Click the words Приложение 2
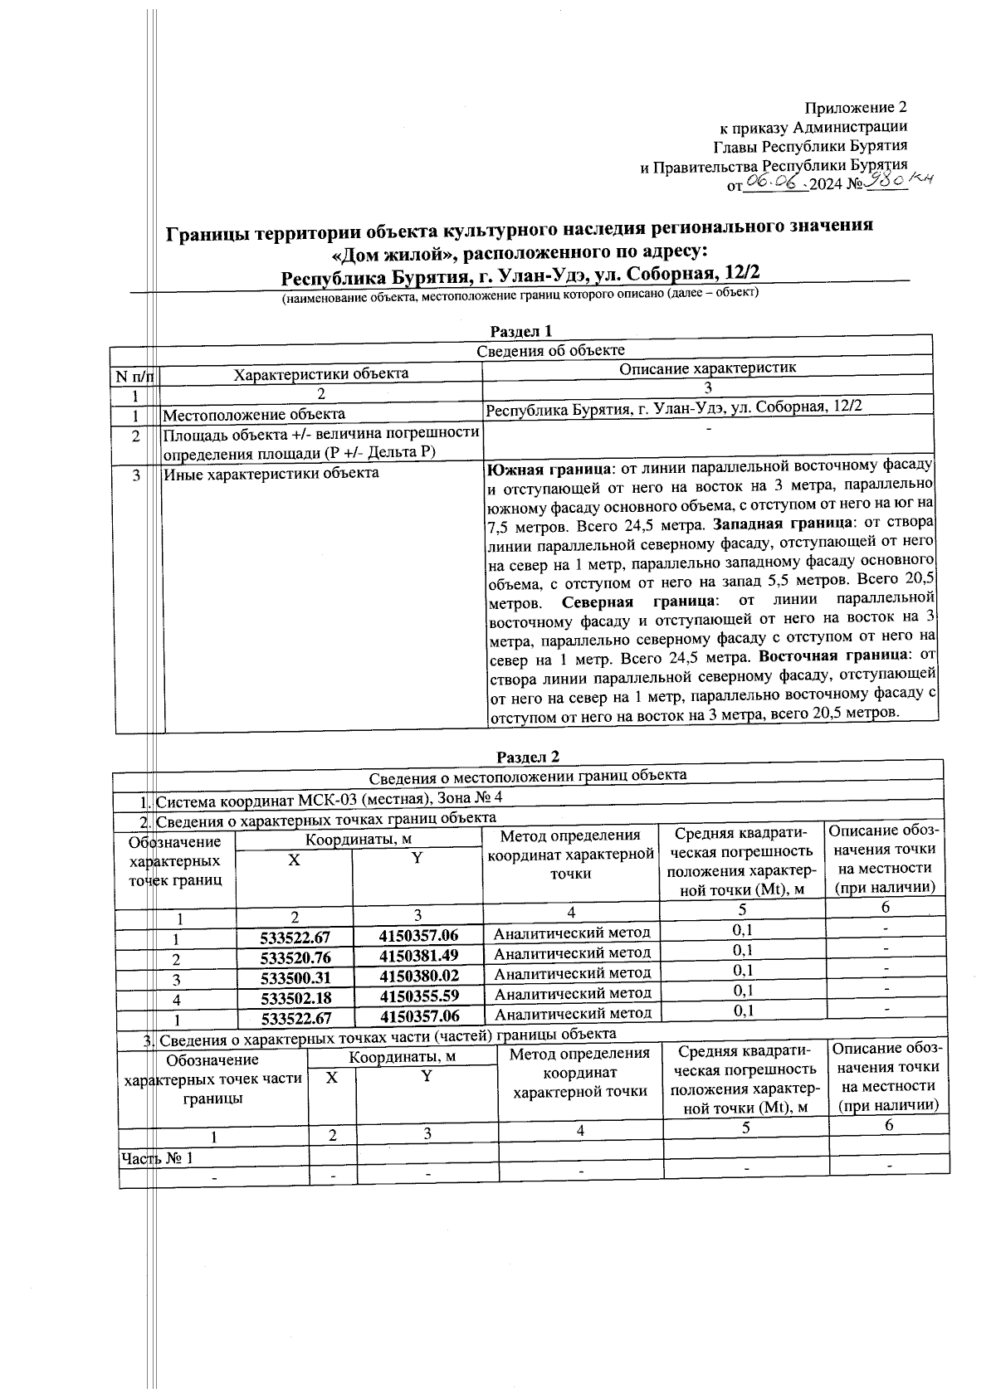tap(856, 108)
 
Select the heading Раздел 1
tap(521, 332)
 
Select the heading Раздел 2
tap(528, 757)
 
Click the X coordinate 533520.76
tap(295, 957)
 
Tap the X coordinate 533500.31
tap(295, 977)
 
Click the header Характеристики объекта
tap(320, 373)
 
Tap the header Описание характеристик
tap(707, 368)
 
